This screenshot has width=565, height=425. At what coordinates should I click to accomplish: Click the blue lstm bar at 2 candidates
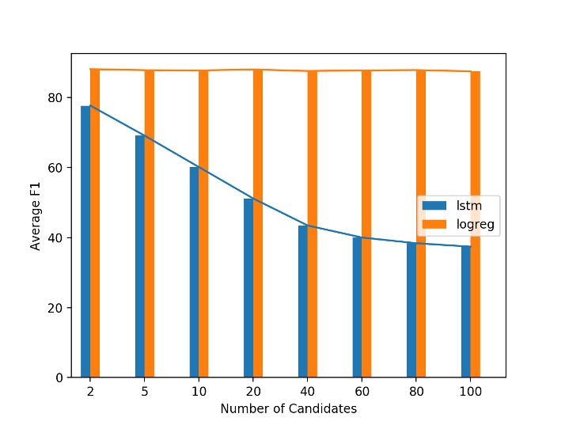tap(85, 241)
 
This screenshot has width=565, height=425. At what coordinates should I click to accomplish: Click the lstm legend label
tap(470, 206)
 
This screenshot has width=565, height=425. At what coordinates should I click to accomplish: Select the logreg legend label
tap(476, 224)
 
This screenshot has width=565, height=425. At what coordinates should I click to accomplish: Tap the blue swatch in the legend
tap(435, 206)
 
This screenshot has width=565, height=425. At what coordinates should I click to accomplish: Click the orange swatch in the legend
tap(435, 224)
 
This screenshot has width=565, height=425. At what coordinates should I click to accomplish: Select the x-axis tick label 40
tap(308, 392)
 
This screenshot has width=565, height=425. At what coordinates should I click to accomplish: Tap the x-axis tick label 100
tap(471, 392)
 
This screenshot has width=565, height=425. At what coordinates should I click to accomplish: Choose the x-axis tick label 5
tap(145, 392)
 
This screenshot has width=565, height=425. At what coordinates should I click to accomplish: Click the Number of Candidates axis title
tap(288, 409)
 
